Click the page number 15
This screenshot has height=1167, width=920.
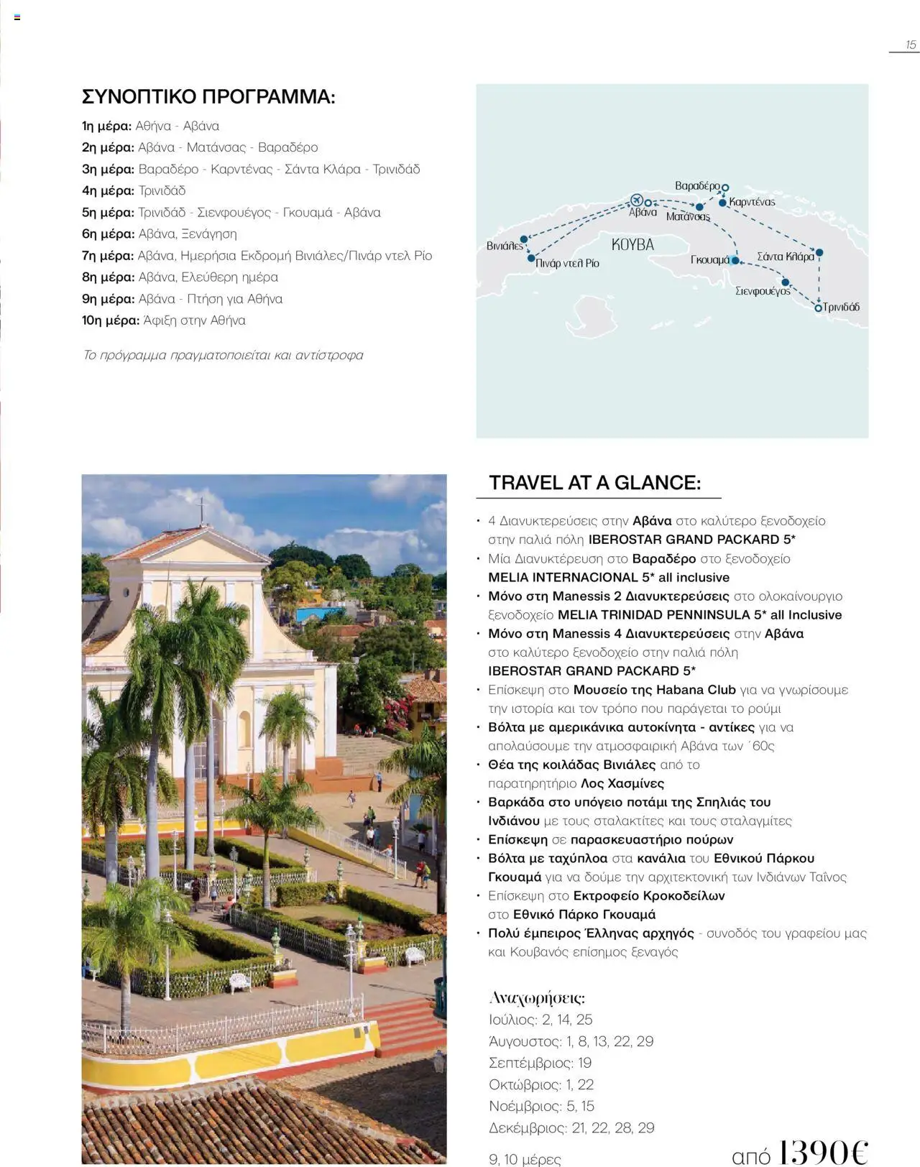tap(911, 45)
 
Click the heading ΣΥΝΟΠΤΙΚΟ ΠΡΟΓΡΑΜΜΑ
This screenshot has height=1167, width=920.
tap(208, 97)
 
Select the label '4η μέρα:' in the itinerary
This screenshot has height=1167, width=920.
tap(108, 190)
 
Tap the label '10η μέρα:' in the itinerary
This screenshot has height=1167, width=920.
tap(111, 320)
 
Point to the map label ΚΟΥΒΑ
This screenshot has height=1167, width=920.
tap(632, 245)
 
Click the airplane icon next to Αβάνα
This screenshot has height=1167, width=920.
tap(636, 200)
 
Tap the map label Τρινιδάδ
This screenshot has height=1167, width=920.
tap(841, 308)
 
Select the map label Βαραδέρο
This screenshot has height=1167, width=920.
tap(696, 186)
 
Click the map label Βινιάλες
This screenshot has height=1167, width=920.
tap(505, 246)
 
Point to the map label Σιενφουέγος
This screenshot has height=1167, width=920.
tap(763, 291)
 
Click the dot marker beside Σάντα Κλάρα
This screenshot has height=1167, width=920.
tap(819, 253)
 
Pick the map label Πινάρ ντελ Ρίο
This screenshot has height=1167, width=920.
tap(567, 263)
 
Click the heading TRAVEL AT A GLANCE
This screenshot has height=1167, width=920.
tap(594, 483)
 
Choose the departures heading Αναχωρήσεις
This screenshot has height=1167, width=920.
tap(536, 997)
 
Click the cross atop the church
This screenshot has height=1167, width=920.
tap(202, 508)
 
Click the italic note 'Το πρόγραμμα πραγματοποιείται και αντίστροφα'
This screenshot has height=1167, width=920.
tap(223, 355)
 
